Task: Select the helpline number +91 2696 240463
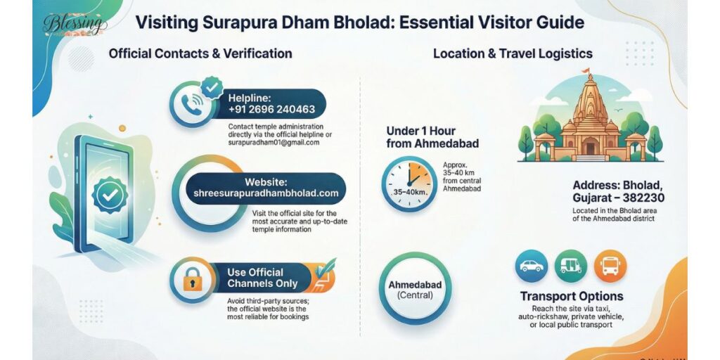pos(271,110)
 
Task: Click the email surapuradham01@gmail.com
pos(274,142)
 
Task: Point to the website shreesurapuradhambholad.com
pos(266,193)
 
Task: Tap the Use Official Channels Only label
pos(262,278)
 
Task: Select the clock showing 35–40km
pos(406,185)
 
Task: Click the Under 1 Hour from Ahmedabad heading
pos(432,137)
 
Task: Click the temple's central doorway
pos(590,146)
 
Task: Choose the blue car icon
pos(531,266)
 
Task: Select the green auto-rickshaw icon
pos(570,266)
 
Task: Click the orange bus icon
pos(610,266)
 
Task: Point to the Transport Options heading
pos(571,296)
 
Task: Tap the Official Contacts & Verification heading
pos(200,53)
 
